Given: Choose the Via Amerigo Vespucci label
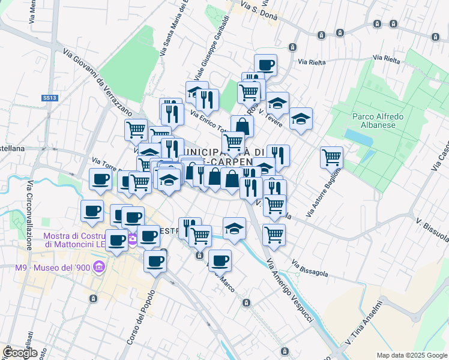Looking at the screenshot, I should pyautogui.click(x=290, y=290).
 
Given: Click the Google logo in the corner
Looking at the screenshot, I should pyautogui.click(x=19, y=352).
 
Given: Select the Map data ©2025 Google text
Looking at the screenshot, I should pyautogui.click(x=412, y=355).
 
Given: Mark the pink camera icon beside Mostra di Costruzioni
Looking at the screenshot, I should pyautogui.click(x=132, y=241).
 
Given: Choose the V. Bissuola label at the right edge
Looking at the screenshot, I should pyautogui.click(x=432, y=230).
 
